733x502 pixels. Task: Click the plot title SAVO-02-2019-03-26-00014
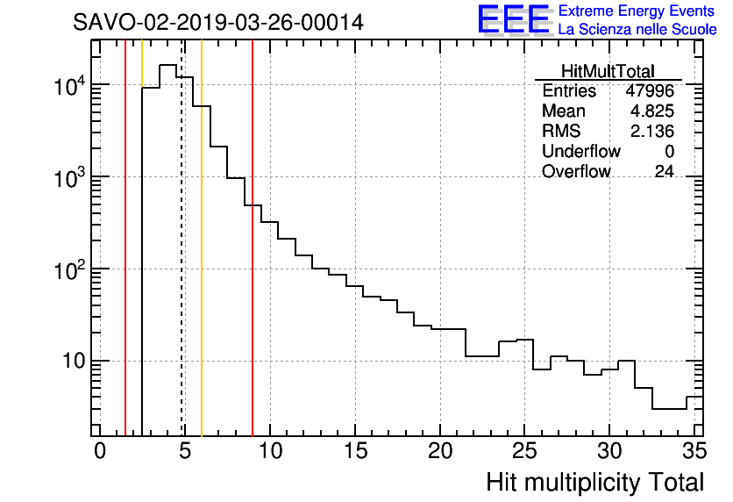click(218, 23)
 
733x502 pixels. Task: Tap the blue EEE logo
click(513, 19)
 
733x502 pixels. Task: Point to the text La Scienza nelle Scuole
click(637, 30)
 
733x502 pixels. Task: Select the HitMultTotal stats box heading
click(608, 71)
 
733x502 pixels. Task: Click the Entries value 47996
click(650, 91)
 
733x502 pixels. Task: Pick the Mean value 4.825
click(652, 111)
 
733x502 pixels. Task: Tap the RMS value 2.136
click(652, 132)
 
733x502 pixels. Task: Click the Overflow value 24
click(664, 171)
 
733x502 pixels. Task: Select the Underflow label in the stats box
click(580, 151)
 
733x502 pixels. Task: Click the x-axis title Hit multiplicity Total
click(594, 482)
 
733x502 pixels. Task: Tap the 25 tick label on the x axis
click(524, 452)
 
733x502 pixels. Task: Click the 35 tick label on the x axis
click(693, 452)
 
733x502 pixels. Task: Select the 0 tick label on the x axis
click(100, 452)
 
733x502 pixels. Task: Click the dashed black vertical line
click(181, 263)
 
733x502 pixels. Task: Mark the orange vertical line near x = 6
click(202, 263)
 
